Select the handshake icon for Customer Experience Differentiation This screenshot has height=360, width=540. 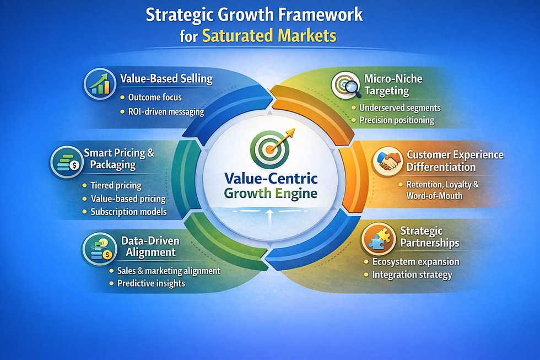coord(388,160)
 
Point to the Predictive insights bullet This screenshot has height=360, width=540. coord(151,283)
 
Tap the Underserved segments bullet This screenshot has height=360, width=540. coord(399,108)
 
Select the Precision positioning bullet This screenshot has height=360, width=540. coord(397,120)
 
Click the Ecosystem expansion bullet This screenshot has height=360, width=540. coord(415,261)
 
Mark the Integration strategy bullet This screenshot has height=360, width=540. coord(412,275)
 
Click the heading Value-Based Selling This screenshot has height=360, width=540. coord(166,79)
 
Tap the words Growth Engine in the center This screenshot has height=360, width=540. coord(271,193)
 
